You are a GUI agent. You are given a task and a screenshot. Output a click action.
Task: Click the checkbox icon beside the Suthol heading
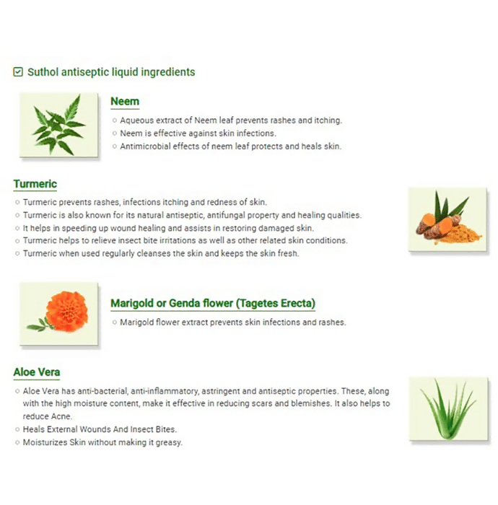pos(18,72)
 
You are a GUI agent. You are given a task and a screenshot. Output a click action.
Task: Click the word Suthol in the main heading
pos(43,72)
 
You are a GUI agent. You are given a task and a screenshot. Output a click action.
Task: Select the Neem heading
pos(125,101)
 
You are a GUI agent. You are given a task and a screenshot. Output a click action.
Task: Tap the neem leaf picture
pos(58,125)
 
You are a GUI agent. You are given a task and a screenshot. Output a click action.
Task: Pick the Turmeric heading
pos(35,184)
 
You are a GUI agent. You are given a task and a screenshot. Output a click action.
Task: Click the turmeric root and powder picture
pos(447,219)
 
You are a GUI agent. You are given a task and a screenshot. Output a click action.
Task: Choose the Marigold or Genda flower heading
pos(213,304)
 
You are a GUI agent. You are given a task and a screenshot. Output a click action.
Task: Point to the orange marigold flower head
pos(67,311)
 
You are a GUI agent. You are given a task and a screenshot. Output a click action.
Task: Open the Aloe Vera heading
pos(37,372)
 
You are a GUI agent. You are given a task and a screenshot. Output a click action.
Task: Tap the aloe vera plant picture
pos(448,409)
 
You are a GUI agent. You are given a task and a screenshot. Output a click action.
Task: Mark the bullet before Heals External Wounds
pos(17,429)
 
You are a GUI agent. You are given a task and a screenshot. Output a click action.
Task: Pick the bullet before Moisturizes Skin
pos(17,442)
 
